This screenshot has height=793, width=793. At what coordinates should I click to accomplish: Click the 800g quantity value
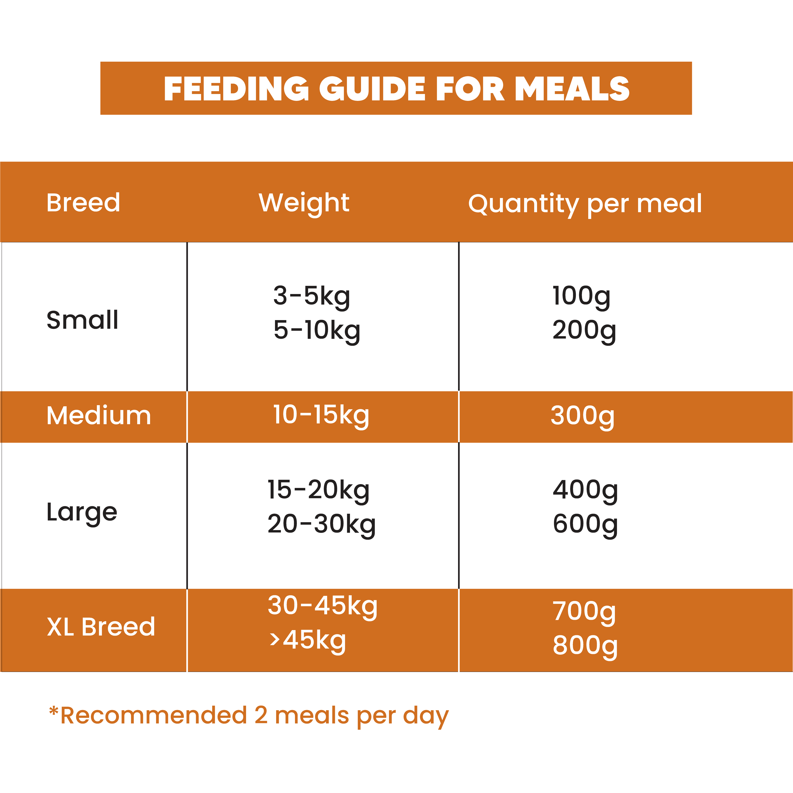[x=585, y=645]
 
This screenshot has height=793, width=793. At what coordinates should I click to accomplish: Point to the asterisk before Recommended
[x=53, y=711]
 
